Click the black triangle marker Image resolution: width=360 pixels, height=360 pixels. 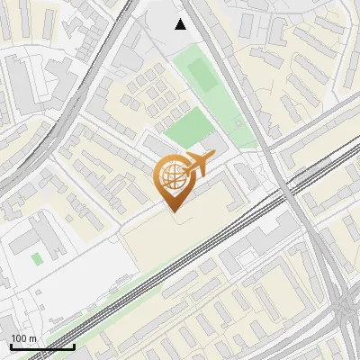(181, 24)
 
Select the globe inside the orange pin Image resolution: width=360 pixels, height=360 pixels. (170, 177)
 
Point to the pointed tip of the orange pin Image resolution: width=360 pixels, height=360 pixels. (171, 212)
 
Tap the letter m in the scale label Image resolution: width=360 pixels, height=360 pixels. (33, 338)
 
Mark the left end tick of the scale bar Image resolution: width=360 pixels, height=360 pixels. (10, 346)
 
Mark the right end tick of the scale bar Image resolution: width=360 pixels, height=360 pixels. (74, 346)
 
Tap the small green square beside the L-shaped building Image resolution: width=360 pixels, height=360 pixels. (37, 259)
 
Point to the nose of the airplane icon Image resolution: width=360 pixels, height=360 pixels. (212, 159)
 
